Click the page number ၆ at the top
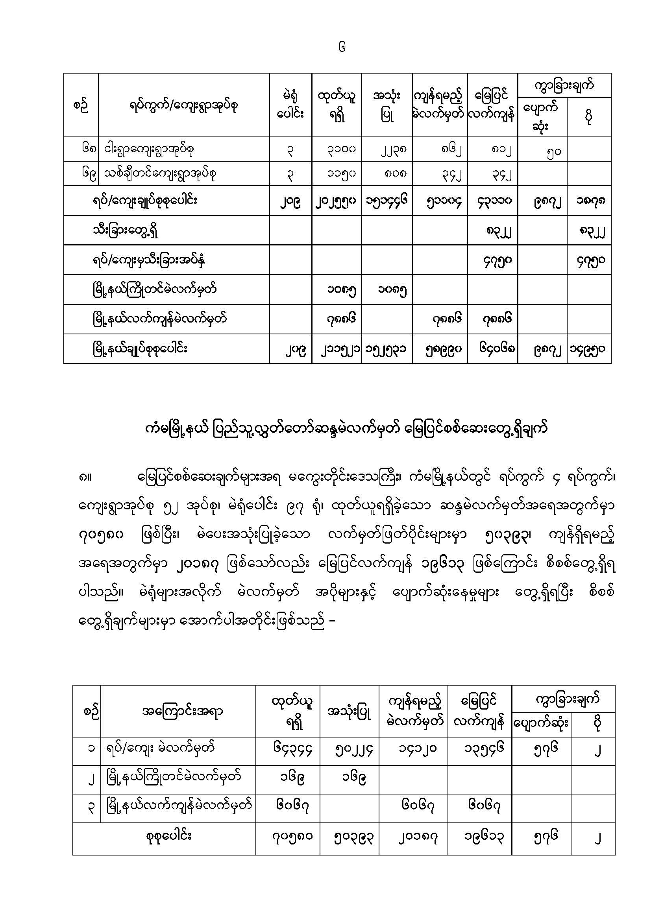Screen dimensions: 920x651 [x=342, y=48]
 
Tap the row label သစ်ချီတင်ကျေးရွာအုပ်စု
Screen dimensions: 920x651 [x=160, y=174]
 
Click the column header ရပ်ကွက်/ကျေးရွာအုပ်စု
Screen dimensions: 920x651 [x=183, y=106]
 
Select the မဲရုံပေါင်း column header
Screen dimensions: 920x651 [x=290, y=105]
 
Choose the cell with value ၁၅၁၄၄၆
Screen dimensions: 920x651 [x=387, y=200]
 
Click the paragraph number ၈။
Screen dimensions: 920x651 [x=86, y=478]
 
